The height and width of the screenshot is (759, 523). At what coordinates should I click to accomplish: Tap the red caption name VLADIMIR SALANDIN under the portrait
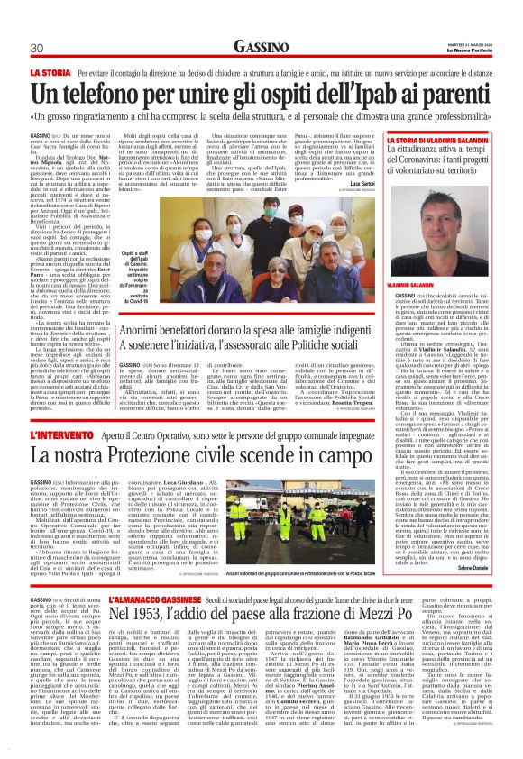[436, 258]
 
